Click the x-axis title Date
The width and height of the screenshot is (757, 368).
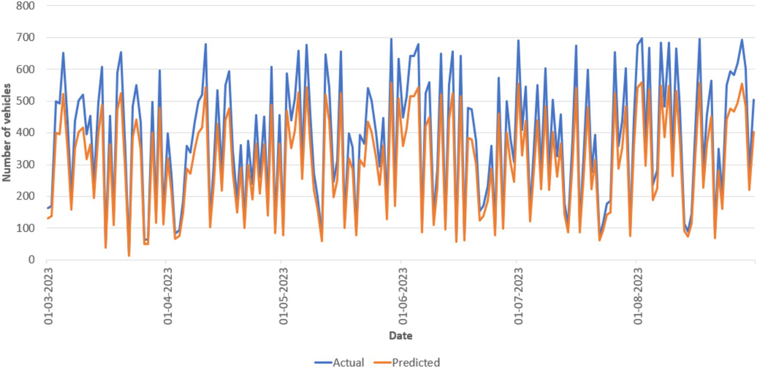click(400, 336)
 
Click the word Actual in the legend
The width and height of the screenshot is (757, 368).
click(349, 363)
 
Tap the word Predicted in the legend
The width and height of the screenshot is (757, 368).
click(416, 363)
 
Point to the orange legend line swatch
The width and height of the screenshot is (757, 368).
click(383, 363)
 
